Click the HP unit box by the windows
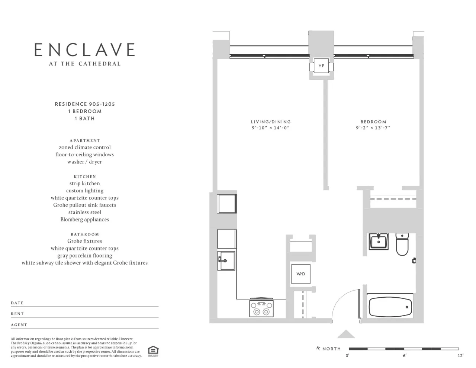(x=321, y=66)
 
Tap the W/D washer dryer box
(x=300, y=274)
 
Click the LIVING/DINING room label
(x=271, y=122)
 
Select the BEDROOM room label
(x=373, y=122)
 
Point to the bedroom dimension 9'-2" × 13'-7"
(x=373, y=128)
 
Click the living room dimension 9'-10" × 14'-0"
(x=271, y=128)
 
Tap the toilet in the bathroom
(x=402, y=245)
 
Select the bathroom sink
(x=378, y=241)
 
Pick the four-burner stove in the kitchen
(x=261, y=308)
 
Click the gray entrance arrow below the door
(x=346, y=334)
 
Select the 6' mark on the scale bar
(x=404, y=356)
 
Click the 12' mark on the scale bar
(x=460, y=356)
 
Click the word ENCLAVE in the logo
(x=85, y=50)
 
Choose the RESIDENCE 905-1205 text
(x=85, y=104)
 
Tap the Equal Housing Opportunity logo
(x=153, y=351)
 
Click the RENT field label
(x=17, y=314)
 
